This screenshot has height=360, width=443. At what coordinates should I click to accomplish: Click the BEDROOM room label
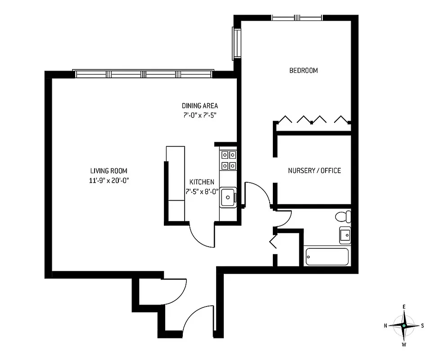pos(303,71)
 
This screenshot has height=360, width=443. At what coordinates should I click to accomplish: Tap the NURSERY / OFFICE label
pos(314,171)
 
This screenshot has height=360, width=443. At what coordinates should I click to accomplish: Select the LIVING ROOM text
pos(108,171)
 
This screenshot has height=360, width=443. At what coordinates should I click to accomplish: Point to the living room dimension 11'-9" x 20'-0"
pos(108,180)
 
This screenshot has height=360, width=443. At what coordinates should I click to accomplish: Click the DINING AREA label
pos(200,106)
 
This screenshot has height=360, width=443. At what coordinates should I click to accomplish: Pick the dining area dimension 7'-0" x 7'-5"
pos(200,115)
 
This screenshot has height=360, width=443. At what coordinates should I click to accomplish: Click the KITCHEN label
pos(201,182)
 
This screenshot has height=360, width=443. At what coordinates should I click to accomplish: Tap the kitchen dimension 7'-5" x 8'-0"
pos(201,191)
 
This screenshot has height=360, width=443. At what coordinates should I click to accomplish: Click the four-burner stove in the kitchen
pos(229,161)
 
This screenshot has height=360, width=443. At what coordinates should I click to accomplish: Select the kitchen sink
pos(228,196)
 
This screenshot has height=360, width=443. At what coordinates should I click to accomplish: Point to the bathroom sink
pos(345,234)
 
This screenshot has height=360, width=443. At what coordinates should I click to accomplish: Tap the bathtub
pos(327,256)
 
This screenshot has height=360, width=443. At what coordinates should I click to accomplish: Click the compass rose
pos(404,325)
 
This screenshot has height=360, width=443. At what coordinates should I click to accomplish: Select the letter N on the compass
pos(386,325)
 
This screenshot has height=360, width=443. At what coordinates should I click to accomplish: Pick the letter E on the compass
pos(404,307)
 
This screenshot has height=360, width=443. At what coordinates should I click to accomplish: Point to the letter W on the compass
pos(404,345)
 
